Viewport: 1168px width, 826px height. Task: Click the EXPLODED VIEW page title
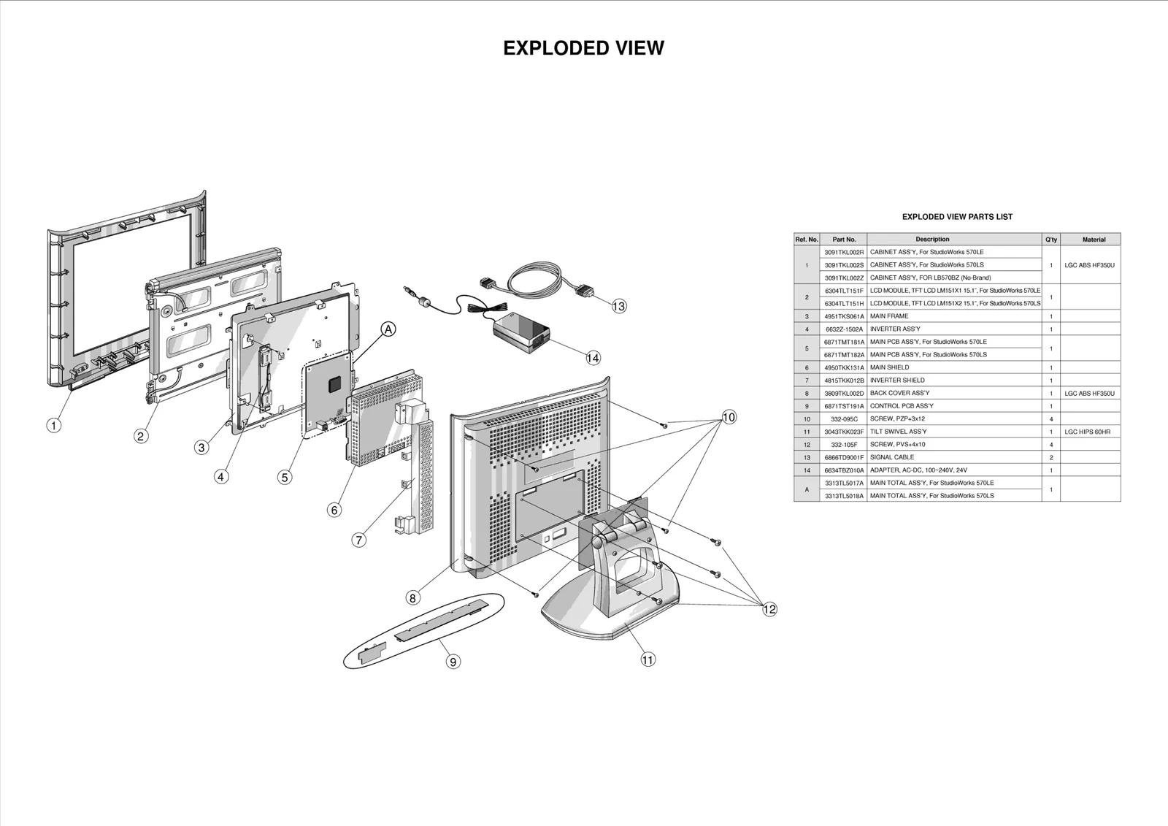(x=583, y=48)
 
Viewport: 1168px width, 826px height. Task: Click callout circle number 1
(x=53, y=425)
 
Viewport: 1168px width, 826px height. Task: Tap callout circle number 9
(x=453, y=662)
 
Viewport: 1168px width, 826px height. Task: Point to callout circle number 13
(x=618, y=306)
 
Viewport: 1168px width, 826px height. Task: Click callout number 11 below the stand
(x=648, y=659)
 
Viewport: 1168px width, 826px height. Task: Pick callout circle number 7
(x=358, y=540)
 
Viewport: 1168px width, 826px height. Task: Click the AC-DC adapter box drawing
(x=522, y=332)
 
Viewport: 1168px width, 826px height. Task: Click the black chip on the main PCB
(x=336, y=383)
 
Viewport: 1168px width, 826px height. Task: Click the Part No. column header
(x=844, y=240)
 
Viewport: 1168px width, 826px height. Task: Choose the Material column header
(x=1093, y=240)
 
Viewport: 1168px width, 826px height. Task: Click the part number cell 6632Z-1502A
(x=844, y=329)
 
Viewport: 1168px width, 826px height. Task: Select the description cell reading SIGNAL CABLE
(x=891, y=457)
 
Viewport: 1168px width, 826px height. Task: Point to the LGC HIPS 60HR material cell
(x=1087, y=432)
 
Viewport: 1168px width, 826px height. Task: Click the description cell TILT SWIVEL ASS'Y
(x=898, y=432)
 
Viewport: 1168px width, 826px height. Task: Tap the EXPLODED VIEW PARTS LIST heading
(x=956, y=217)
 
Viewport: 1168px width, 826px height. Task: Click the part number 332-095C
(x=844, y=419)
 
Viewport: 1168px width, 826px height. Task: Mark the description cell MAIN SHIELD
(x=889, y=368)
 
